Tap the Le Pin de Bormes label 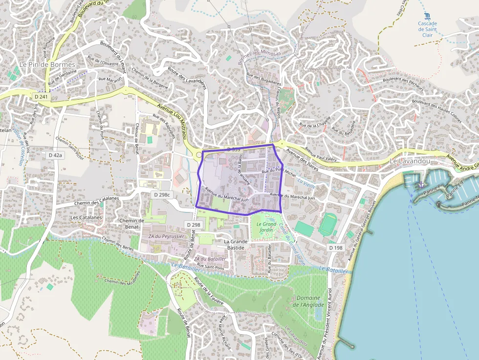47,64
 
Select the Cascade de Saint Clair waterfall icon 428,16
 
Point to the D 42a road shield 56,155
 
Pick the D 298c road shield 162,194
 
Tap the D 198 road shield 336,248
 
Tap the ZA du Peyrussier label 165,236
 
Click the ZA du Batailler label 210,259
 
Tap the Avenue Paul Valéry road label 321,154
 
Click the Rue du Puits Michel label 279,172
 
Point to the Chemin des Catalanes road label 97,200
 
